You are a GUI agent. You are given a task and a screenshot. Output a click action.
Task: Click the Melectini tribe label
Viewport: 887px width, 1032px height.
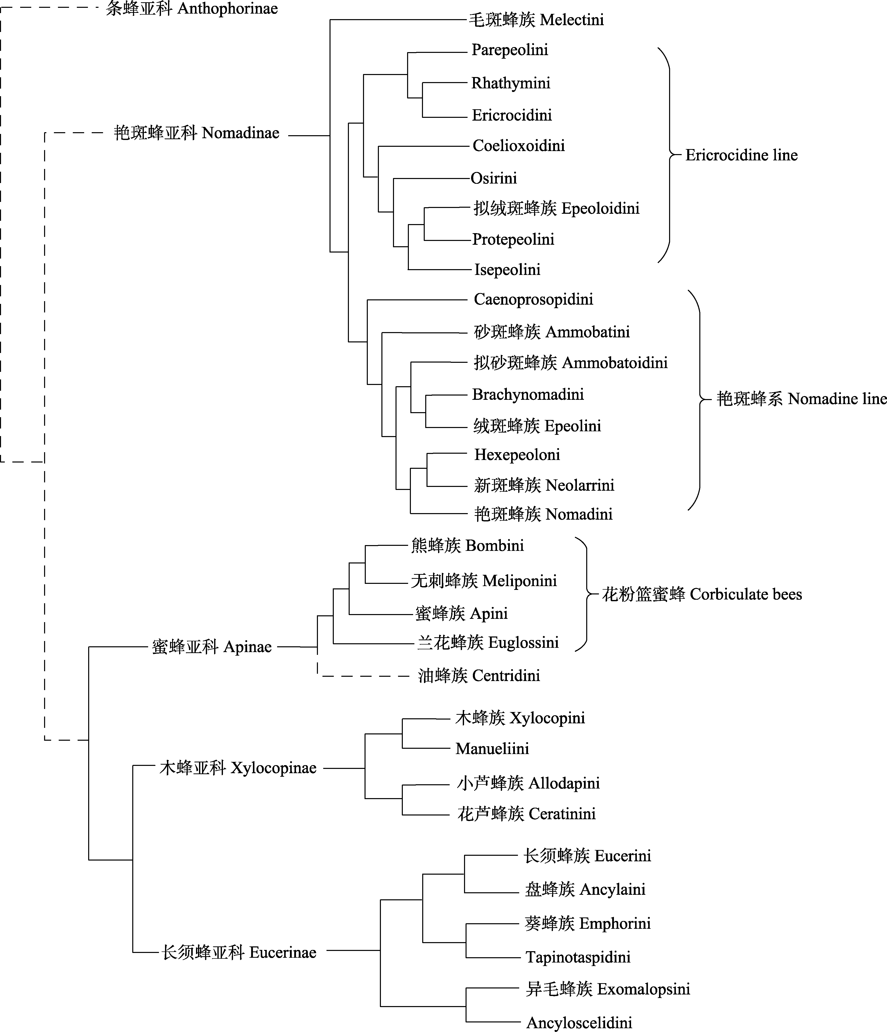(x=536, y=20)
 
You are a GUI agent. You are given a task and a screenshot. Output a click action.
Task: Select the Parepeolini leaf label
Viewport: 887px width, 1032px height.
(x=509, y=50)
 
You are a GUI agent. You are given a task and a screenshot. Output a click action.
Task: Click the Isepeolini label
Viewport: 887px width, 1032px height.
(x=507, y=269)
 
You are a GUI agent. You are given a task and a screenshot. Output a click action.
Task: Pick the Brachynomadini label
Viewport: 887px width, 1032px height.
(x=528, y=395)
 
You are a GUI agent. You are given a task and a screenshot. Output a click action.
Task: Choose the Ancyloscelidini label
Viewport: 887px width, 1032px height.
(x=579, y=1022)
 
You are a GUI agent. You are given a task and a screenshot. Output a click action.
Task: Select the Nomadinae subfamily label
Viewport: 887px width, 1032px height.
(x=196, y=133)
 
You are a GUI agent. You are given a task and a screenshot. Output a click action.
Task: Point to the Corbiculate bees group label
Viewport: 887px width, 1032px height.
(x=702, y=594)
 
